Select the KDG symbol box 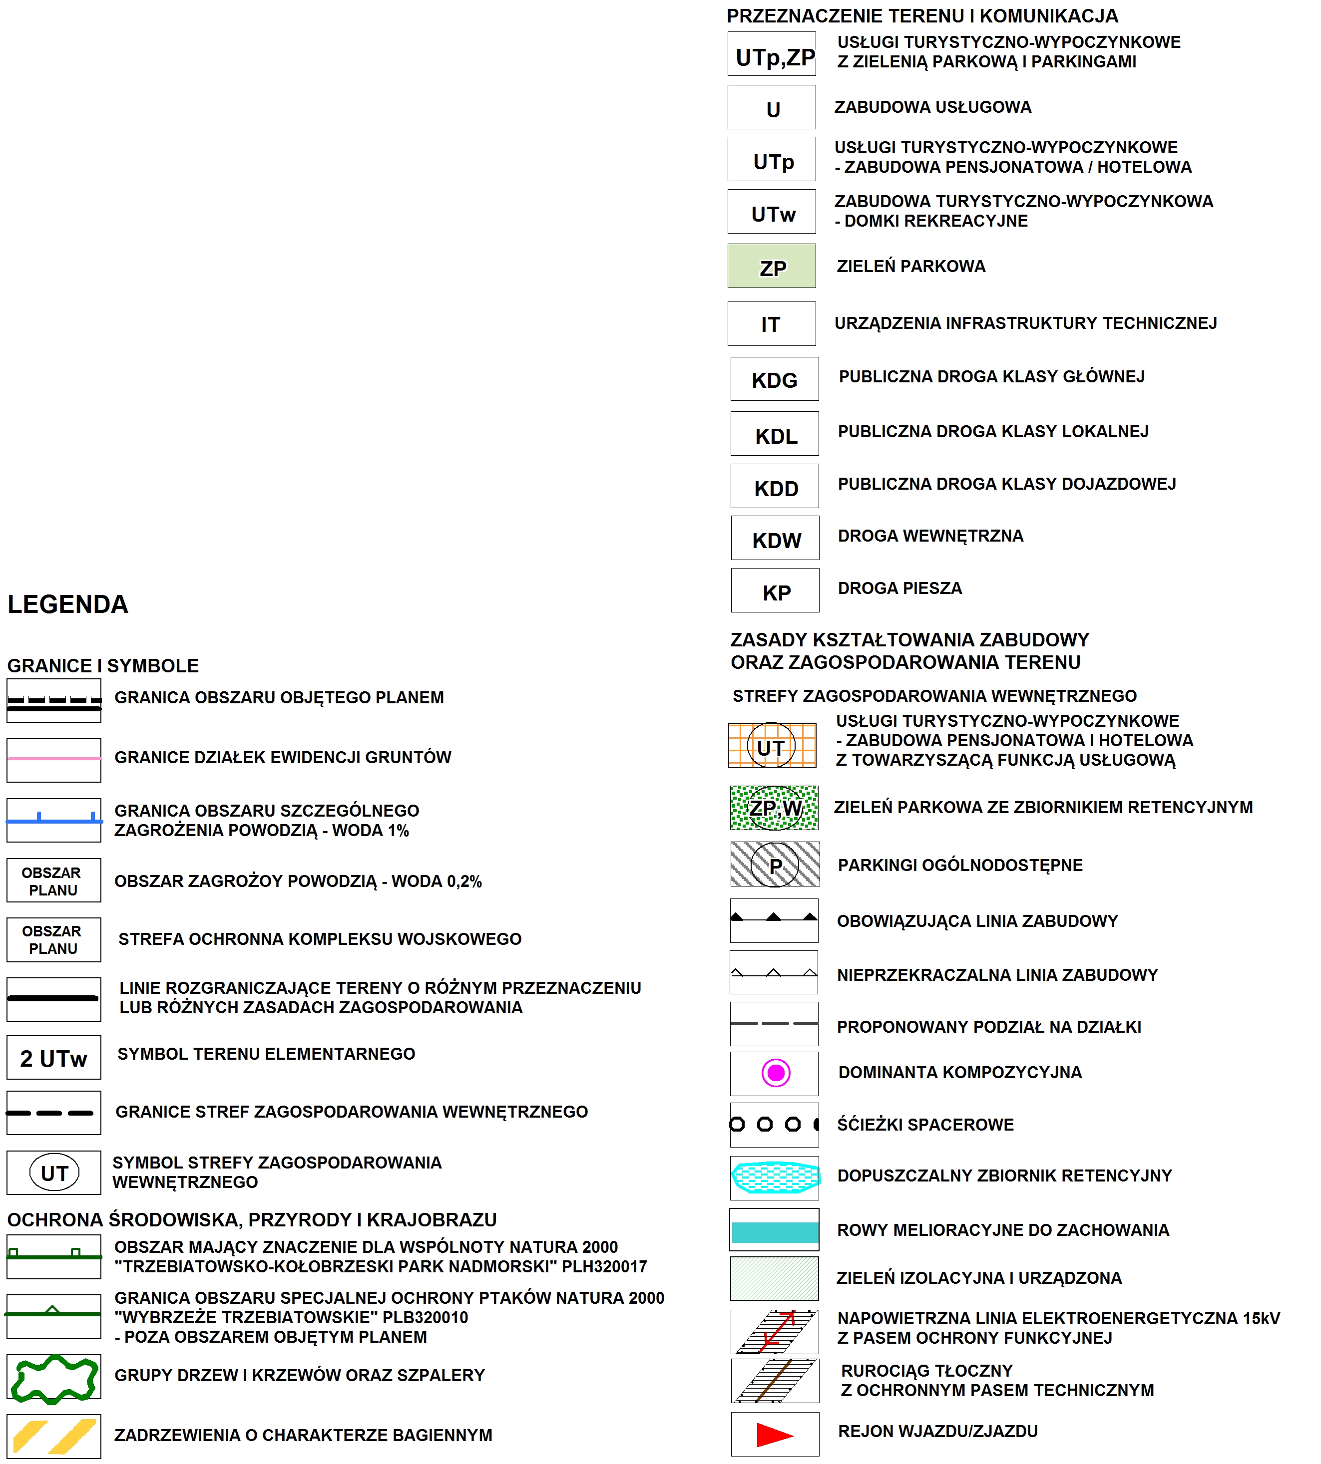coord(775,379)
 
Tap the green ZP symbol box coord(772,266)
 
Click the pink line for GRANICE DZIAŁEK coord(54,758)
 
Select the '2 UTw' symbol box coord(54,1058)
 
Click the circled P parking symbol coord(775,864)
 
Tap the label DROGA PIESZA coord(899,588)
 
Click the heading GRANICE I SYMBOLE coord(102,665)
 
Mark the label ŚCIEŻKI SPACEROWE coord(925,1125)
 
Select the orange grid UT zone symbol coord(772,745)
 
